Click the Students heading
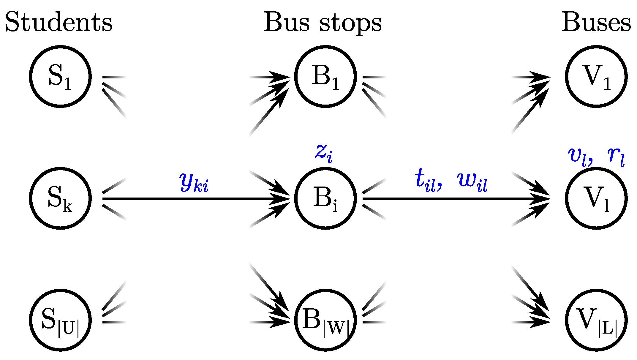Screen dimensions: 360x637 pos(59,22)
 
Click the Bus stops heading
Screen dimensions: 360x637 pos(323,23)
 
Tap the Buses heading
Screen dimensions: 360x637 pos(596,22)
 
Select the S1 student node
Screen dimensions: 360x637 pos(60,76)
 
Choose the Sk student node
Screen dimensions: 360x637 pos(60,198)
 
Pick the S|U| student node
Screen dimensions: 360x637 pos(60,320)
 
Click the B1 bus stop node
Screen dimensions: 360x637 pos(325,76)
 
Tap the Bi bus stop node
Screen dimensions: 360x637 pos(325,198)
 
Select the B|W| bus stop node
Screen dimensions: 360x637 pos(325,320)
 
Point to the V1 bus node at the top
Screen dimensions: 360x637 pos(596,76)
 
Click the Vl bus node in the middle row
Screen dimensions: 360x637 pos(596,198)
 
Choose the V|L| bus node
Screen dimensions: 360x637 pos(596,320)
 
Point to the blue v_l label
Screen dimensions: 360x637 pos(578,156)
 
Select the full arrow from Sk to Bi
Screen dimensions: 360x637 pos(190,199)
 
